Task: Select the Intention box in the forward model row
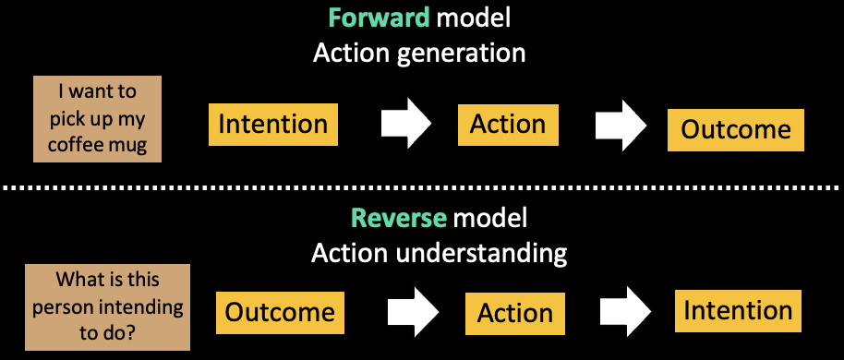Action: coord(272,124)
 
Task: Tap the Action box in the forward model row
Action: coord(508,124)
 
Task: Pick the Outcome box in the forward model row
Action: coord(736,129)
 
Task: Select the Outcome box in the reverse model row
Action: coord(280,312)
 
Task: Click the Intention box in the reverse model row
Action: coord(738,310)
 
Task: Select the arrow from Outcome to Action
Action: coord(413,311)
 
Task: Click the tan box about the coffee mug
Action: coord(97,119)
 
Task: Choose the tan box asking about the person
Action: coord(106,307)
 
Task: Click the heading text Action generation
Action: coord(419,53)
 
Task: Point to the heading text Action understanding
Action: coord(439,251)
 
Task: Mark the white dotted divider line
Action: coord(422,188)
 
